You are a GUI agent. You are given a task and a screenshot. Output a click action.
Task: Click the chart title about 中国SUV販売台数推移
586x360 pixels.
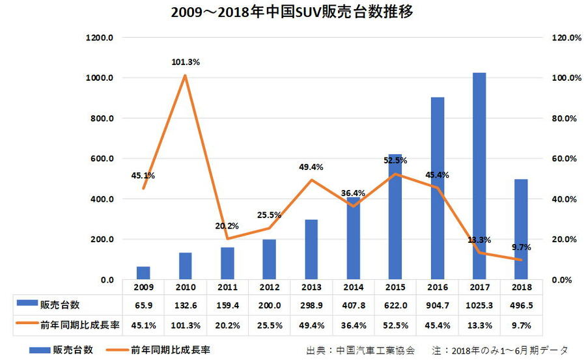click(x=292, y=13)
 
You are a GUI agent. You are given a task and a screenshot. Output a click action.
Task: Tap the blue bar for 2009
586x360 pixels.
click(x=143, y=273)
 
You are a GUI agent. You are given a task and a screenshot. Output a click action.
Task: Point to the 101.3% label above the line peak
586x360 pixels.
click(x=186, y=62)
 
